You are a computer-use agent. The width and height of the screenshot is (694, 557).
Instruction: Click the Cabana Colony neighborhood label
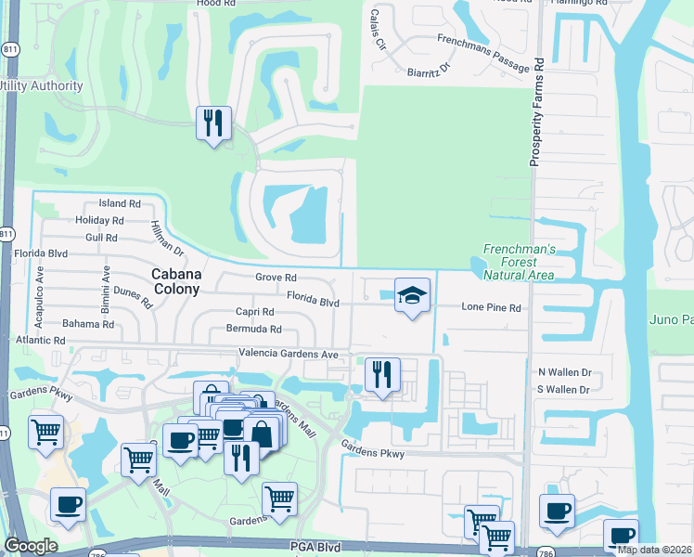tap(175, 281)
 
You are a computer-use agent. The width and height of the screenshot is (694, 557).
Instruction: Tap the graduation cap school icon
tap(413, 295)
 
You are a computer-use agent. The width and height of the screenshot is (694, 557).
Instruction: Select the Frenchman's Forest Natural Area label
tap(518, 262)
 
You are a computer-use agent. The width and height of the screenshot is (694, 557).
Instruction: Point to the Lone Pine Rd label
tap(492, 307)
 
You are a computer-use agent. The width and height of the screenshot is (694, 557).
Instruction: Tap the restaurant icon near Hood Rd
tap(213, 123)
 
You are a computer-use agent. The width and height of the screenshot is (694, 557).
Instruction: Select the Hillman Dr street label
tap(167, 239)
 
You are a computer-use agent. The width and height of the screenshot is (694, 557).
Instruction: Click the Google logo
tap(31, 546)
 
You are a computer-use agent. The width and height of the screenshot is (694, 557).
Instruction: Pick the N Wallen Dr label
tap(565, 371)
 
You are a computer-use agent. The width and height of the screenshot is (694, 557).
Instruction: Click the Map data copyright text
tap(655, 550)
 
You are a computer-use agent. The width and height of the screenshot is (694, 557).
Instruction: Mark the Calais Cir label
tap(378, 31)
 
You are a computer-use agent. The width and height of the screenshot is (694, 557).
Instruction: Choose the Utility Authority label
tap(42, 86)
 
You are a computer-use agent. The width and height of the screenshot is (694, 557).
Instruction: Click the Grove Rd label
tap(276, 277)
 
